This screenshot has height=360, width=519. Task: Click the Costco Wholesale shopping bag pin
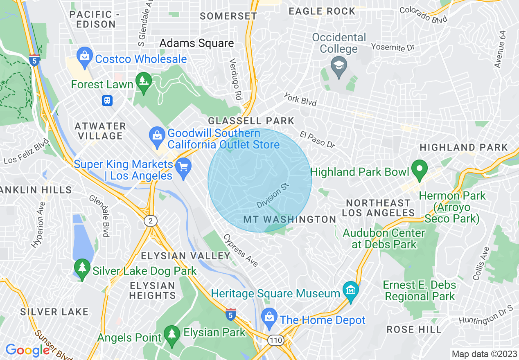(x=85, y=58)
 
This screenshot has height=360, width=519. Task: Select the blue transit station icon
(x=107, y=100)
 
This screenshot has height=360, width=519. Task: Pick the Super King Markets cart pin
(x=183, y=169)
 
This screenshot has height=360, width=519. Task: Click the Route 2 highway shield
(x=151, y=221)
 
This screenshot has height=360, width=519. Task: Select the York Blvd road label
(x=300, y=99)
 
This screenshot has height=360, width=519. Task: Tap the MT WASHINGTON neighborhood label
(x=290, y=220)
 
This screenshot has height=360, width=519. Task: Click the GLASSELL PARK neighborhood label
(x=251, y=121)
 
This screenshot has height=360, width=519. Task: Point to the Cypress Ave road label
(x=241, y=250)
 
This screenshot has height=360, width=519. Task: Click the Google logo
(x=27, y=350)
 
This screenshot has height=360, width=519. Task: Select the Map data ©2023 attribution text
(x=484, y=354)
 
